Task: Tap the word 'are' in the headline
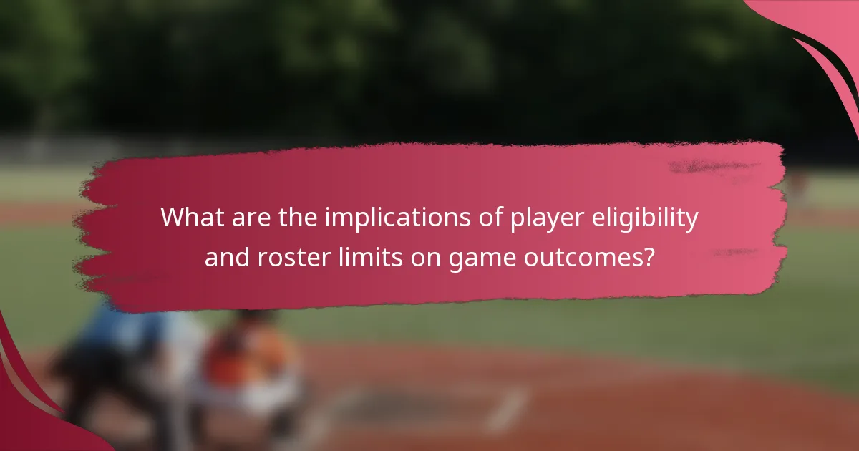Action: [244, 218]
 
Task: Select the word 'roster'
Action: [290, 257]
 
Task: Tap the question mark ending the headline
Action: [649, 256]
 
